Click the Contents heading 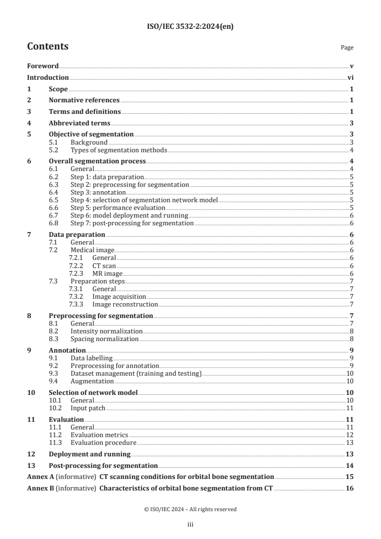(x=48, y=47)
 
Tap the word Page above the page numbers (x=347, y=48)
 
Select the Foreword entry (x=43, y=66)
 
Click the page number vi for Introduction (x=350, y=77)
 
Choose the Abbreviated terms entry (x=79, y=123)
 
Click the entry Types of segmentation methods (x=119, y=150)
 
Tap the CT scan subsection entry (x=104, y=266)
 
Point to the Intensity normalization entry (x=106, y=331)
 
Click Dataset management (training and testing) (x=136, y=373)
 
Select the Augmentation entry (x=92, y=381)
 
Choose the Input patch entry (x=87, y=408)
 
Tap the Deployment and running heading (x=90, y=454)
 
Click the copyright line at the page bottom (x=190, y=509)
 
